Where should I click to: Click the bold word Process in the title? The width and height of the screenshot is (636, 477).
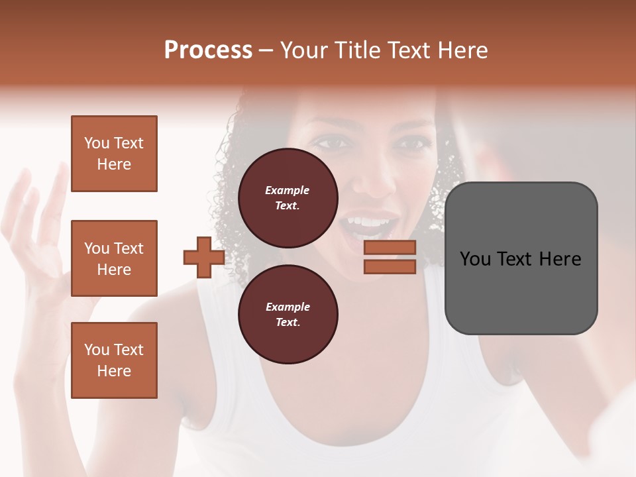(208, 50)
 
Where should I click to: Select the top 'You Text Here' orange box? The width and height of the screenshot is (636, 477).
(114, 154)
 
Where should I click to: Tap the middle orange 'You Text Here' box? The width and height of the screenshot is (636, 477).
(114, 258)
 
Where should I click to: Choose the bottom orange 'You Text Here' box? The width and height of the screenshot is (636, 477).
(114, 360)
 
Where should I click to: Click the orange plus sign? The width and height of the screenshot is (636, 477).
(203, 258)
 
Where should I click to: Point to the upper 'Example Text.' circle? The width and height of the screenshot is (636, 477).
(288, 197)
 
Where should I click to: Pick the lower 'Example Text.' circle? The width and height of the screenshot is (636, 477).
(288, 314)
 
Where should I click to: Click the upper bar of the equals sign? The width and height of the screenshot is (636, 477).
(390, 248)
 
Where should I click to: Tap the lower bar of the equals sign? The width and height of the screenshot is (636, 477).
(390, 266)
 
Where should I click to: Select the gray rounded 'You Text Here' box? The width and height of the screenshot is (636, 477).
(521, 258)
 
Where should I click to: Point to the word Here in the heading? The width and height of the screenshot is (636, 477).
(463, 50)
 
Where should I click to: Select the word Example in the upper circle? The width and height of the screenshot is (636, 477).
(288, 190)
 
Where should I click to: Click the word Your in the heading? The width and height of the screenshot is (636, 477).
(305, 50)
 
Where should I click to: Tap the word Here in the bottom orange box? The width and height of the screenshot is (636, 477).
(114, 371)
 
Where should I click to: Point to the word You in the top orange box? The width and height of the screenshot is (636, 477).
(97, 143)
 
